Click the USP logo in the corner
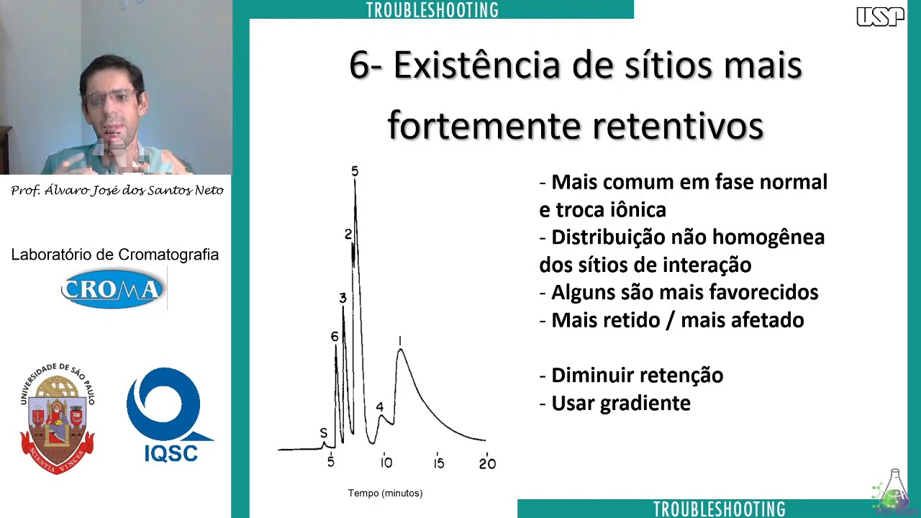click(x=880, y=17)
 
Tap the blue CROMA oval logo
click(x=112, y=289)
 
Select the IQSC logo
click(x=169, y=414)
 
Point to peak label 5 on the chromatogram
click(x=355, y=171)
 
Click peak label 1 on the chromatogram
click(x=400, y=341)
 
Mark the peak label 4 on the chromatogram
click(x=380, y=407)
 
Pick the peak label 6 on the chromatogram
click(x=335, y=337)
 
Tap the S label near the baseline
click(x=324, y=433)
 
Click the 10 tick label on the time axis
click(x=386, y=463)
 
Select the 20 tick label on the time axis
click(x=487, y=463)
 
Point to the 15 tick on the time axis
click(x=439, y=463)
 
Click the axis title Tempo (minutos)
click(x=385, y=493)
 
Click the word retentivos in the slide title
click(x=678, y=126)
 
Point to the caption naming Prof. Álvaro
click(x=117, y=191)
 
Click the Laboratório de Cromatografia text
click(x=115, y=255)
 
